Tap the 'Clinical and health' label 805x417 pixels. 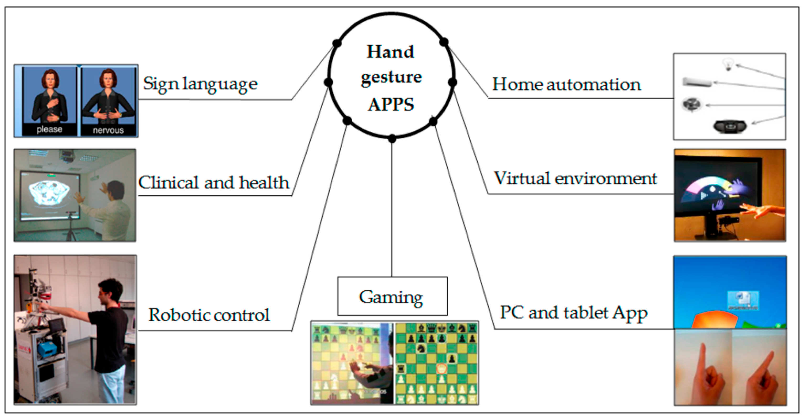(x=214, y=183)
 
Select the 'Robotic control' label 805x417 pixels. (x=209, y=315)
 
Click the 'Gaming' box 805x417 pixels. (x=392, y=296)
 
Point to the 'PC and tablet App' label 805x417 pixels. (x=573, y=313)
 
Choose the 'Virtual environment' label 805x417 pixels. (x=575, y=178)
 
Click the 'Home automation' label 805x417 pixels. (x=566, y=84)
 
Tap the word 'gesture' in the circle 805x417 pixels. (x=391, y=77)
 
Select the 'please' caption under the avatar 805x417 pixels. (x=49, y=129)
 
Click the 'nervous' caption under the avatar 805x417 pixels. (x=108, y=130)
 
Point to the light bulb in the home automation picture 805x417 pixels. (x=728, y=64)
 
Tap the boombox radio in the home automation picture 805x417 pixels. (x=730, y=126)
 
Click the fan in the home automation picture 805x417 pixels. (x=692, y=104)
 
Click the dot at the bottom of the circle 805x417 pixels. (x=392, y=138)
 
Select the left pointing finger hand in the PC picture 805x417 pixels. (x=705, y=372)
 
